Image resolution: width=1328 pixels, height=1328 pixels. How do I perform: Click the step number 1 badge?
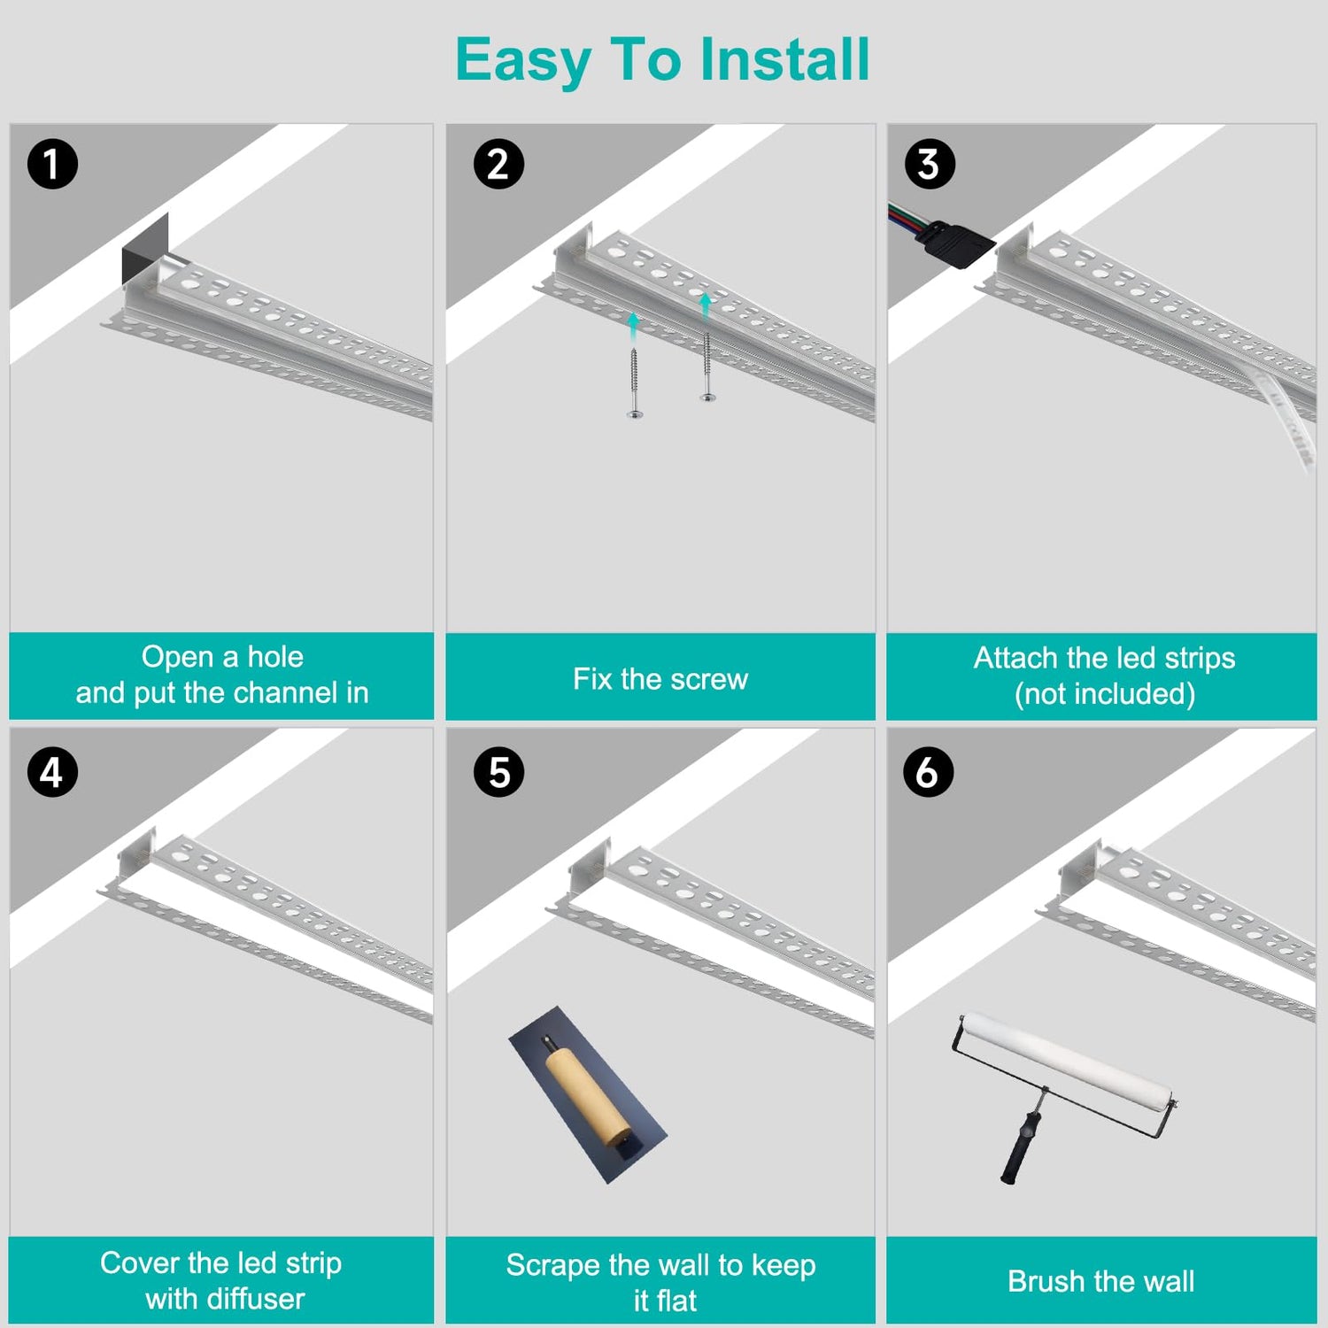(x=52, y=165)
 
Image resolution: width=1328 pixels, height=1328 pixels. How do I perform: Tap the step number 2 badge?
(x=498, y=165)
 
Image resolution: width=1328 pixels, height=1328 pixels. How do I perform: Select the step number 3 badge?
(x=930, y=165)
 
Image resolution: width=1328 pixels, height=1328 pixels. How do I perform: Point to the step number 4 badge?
(x=52, y=772)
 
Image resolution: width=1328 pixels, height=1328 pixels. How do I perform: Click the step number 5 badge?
(x=498, y=772)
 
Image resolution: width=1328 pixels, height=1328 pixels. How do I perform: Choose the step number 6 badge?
(x=928, y=772)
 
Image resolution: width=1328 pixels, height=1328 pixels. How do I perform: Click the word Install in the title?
(x=785, y=59)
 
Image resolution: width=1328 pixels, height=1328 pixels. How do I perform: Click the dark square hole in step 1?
(x=145, y=249)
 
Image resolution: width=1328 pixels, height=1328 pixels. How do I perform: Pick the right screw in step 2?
(x=706, y=367)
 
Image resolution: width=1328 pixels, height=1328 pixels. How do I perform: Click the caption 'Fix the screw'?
(x=660, y=679)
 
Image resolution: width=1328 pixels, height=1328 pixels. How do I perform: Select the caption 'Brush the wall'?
(x=1101, y=1281)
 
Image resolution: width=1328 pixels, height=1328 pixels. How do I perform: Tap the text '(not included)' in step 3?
(x=1105, y=694)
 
